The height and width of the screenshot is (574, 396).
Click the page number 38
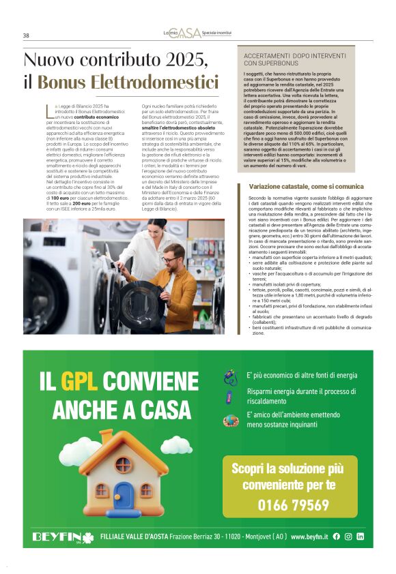click(26, 35)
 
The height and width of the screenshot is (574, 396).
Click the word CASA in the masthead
click(189, 33)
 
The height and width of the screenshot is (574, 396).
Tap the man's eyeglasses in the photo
click(169, 260)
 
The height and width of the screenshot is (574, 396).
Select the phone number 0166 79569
click(293, 504)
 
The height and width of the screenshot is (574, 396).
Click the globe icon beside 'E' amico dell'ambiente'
click(230, 421)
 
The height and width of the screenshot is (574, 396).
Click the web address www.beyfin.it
click(309, 537)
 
